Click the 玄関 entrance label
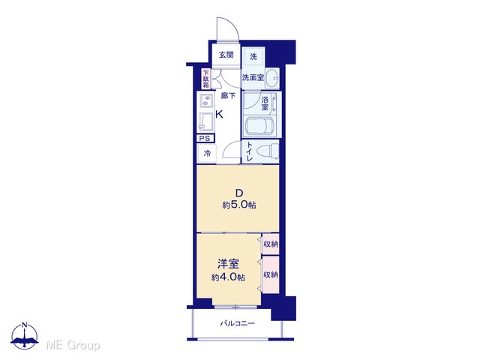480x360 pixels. click(x=226, y=55)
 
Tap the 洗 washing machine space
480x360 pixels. click(x=253, y=56)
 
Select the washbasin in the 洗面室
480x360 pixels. click(x=271, y=78)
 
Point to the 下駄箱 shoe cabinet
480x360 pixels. click(x=206, y=79)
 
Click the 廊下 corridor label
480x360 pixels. click(x=228, y=96)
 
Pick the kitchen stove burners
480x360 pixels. click(x=207, y=100)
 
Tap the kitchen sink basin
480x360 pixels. click(x=207, y=121)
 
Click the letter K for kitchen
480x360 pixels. click(x=219, y=115)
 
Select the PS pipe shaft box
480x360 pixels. click(x=205, y=138)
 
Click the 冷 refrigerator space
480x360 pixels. click(x=207, y=153)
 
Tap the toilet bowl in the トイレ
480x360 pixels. click(x=267, y=152)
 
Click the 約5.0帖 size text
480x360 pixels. click(x=239, y=205)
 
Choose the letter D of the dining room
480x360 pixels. click(x=238, y=193)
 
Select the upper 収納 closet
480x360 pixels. click(x=271, y=244)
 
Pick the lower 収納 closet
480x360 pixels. click(x=271, y=274)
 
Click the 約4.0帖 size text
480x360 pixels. click(x=228, y=277)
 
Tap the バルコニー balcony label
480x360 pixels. click(x=238, y=323)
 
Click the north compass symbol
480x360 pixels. click(x=25, y=335)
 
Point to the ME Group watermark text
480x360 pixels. click(x=73, y=345)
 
